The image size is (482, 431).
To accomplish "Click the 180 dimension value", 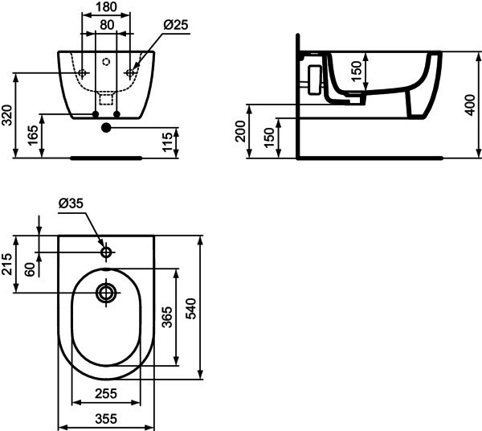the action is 106,6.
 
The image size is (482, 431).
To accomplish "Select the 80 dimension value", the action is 107,25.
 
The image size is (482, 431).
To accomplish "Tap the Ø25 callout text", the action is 176,25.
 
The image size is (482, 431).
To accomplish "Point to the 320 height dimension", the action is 6,115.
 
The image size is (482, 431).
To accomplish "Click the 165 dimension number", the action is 33,135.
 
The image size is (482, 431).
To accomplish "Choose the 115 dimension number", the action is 168,142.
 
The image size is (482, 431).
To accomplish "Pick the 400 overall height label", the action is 470,105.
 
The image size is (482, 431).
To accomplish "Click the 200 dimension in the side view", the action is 240,131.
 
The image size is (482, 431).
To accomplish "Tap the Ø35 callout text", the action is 71,203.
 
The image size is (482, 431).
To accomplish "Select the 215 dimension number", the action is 6,264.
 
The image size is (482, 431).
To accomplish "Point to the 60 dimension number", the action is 30,270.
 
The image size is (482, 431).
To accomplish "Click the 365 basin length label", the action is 167,317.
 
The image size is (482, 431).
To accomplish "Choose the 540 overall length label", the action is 190,309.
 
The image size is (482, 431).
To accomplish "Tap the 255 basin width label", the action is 106,393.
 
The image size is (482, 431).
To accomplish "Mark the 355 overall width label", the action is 106,419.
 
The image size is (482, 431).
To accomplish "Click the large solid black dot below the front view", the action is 106,127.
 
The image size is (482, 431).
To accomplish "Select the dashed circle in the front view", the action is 106,62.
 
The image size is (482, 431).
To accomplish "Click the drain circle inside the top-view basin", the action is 106,293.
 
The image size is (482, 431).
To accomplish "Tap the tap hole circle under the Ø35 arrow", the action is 106,252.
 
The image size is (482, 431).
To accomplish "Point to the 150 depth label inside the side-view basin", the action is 357,72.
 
